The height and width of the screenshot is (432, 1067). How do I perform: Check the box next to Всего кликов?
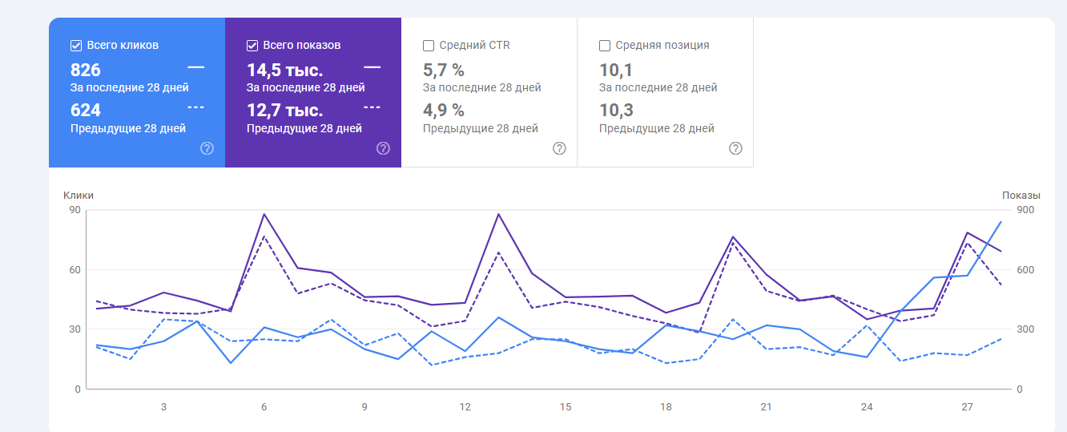point(76,46)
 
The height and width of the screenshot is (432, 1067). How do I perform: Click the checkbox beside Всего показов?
point(252,46)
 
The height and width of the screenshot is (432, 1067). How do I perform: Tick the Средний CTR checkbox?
point(429,46)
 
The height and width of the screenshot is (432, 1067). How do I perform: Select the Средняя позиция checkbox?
point(605,46)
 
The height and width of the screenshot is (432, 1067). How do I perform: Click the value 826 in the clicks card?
point(86,70)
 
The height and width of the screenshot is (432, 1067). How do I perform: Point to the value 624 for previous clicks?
point(86,110)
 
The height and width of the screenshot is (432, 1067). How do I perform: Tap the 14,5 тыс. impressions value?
point(284,70)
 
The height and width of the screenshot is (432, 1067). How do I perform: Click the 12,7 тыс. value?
point(284,110)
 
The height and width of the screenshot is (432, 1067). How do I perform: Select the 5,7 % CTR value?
point(443,70)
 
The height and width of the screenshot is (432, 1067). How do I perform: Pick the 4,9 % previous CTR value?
point(443,110)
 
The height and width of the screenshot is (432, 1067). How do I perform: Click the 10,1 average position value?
point(616,70)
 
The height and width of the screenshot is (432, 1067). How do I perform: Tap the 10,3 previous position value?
point(616,110)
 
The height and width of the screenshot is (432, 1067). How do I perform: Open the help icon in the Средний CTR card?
point(559,148)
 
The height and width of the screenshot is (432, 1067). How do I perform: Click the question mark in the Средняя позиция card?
point(735,148)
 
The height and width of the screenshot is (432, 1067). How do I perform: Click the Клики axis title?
point(79,195)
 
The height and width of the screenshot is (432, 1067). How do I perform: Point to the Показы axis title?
point(1021,195)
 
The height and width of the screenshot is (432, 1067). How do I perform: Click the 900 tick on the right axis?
point(1025,210)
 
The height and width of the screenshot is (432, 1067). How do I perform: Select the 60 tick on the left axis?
point(74,269)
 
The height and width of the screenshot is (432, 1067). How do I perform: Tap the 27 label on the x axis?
point(967,407)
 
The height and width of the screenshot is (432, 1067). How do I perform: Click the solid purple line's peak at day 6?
point(264,214)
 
